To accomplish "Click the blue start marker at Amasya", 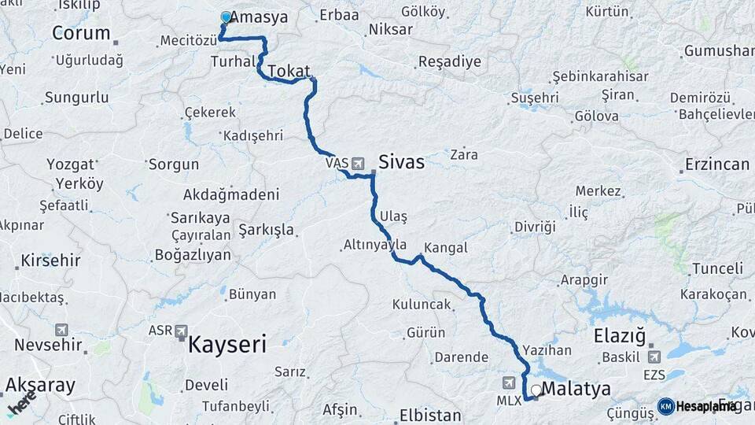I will click(226, 17).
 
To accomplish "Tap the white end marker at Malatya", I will click(536, 390).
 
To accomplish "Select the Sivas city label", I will click(401, 162).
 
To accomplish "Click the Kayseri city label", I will click(226, 344).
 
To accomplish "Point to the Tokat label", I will click(289, 71).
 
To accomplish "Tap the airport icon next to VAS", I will click(359, 164).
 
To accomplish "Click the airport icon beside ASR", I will click(182, 331).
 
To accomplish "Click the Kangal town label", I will click(445, 248).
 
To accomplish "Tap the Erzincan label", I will click(716, 164).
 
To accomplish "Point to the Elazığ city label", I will click(619, 334).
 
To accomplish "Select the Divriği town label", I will click(535, 227).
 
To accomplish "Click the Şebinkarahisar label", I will click(600, 76).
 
